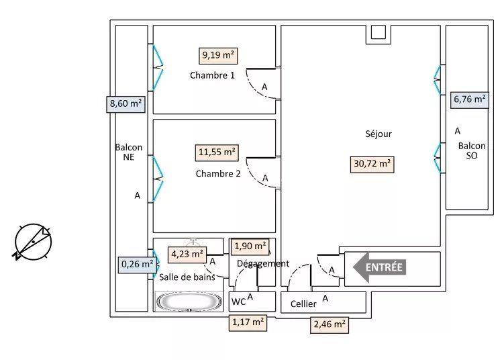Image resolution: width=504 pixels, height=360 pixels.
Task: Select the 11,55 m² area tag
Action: (x=216, y=152)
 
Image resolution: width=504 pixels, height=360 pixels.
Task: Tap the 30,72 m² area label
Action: (x=372, y=163)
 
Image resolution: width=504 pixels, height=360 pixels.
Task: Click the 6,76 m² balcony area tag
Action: (x=469, y=99)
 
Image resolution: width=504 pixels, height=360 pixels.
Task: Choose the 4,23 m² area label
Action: (x=187, y=254)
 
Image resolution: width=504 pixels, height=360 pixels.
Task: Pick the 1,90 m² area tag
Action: (x=250, y=246)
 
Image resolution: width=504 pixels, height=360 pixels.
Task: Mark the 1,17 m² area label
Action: (x=248, y=323)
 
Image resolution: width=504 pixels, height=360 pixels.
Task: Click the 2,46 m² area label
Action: (x=330, y=325)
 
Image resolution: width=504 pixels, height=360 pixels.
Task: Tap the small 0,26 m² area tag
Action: (x=137, y=265)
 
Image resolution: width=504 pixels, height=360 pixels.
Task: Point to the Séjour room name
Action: (x=379, y=134)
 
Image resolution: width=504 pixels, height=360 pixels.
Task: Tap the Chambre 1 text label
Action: (x=212, y=75)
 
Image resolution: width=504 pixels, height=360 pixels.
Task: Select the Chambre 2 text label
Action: (x=218, y=173)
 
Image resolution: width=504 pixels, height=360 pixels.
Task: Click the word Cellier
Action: (x=303, y=304)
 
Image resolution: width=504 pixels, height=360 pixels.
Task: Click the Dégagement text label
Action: (x=262, y=263)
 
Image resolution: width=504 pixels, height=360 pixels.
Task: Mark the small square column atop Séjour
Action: (x=378, y=33)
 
